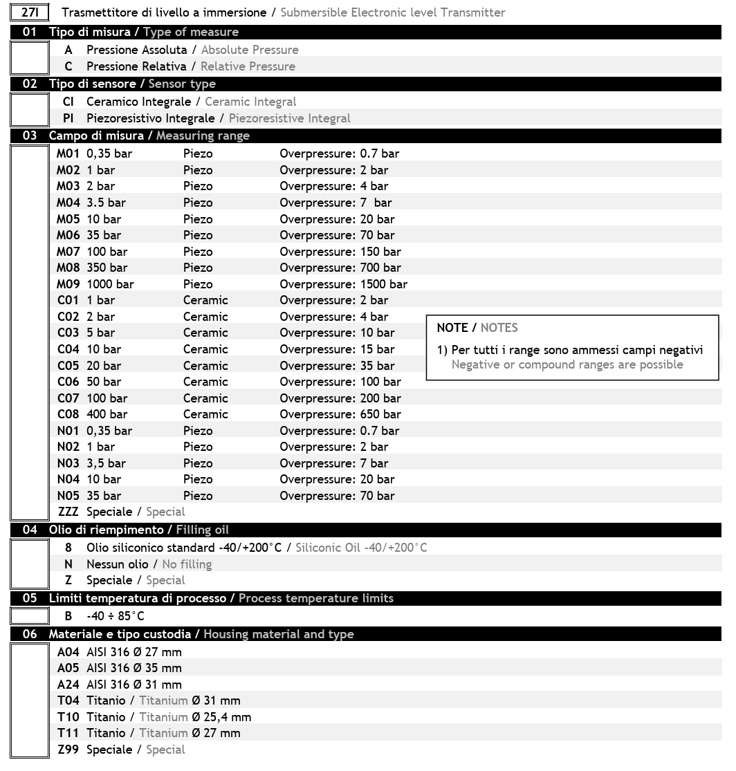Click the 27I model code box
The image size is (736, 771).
pyautogui.click(x=30, y=12)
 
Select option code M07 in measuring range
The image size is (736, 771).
pyautogui.click(x=68, y=252)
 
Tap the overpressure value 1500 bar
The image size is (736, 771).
pyautogui.click(x=384, y=284)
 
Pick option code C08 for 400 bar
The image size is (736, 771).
pyautogui.click(x=68, y=414)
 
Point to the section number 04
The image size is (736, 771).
pyautogui.click(x=30, y=530)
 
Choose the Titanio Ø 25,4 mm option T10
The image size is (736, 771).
pyautogui.click(x=68, y=717)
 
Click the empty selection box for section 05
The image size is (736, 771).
pyautogui.click(x=29, y=615)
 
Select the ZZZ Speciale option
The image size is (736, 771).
pyautogui.click(x=68, y=512)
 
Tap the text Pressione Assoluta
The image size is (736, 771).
pyautogui.click(x=136, y=50)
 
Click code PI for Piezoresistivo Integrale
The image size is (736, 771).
pyautogui.click(x=68, y=118)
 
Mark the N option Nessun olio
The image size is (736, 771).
pyautogui.click(x=68, y=564)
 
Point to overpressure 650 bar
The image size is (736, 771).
pyautogui.click(x=380, y=414)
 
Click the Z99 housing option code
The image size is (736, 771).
pyautogui.click(x=68, y=750)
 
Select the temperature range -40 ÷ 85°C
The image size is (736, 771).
pyautogui.click(x=116, y=616)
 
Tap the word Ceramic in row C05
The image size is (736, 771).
pyautogui.click(x=205, y=366)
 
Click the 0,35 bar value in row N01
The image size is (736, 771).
pyautogui.click(x=109, y=431)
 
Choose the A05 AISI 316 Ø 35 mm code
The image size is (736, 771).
pyautogui.click(x=68, y=668)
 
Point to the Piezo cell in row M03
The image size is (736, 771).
pyautogui.click(x=198, y=186)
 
